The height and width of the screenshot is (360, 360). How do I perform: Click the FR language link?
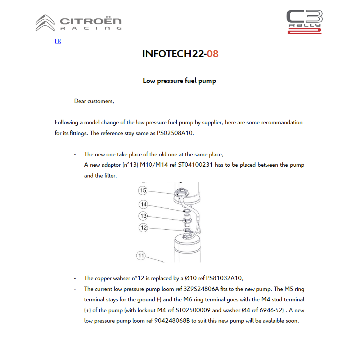click(x=58, y=41)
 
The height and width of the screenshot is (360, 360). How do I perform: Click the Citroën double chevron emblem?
click(x=45, y=23)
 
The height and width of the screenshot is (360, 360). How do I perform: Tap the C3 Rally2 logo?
click(x=304, y=22)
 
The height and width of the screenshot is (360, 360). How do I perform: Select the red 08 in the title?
click(x=212, y=54)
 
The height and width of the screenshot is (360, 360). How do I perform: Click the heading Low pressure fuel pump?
click(x=179, y=81)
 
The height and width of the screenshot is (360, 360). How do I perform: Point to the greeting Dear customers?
click(x=94, y=101)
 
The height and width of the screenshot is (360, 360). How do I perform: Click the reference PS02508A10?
click(x=175, y=133)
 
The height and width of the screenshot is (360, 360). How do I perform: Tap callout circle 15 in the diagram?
click(x=143, y=190)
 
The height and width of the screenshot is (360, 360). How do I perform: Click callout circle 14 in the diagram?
click(x=144, y=204)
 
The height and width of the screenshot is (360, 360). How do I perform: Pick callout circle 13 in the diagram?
click(x=144, y=216)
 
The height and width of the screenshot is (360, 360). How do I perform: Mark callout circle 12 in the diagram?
click(x=144, y=228)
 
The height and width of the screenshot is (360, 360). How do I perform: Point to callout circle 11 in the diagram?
click(x=141, y=256)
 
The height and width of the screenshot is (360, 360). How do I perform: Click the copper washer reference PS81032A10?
click(x=225, y=278)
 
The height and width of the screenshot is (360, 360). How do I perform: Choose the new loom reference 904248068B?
click(x=172, y=320)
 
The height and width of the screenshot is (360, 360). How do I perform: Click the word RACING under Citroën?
click(x=91, y=28)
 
